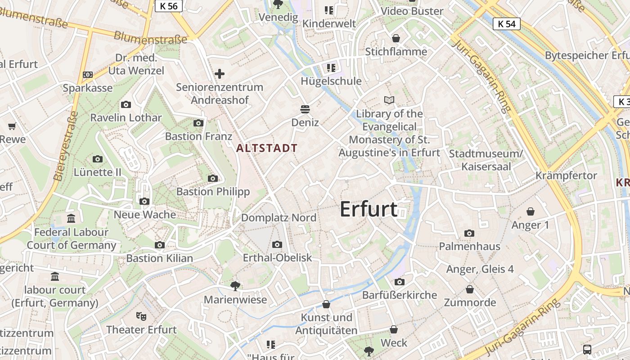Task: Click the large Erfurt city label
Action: pyautogui.click(x=369, y=209)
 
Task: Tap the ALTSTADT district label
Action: pyautogui.click(x=267, y=148)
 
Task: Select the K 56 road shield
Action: pyautogui.click(x=169, y=5)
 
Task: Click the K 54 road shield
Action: pyautogui.click(x=506, y=24)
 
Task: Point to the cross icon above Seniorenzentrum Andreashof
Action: pyautogui.click(x=220, y=73)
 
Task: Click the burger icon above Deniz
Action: pyautogui.click(x=305, y=109)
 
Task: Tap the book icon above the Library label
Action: pyautogui.click(x=389, y=100)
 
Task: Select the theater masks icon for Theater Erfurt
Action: pyautogui.click(x=141, y=316)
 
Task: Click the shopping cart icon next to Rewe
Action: pyautogui.click(x=12, y=126)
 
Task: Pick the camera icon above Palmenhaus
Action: pyautogui.click(x=469, y=233)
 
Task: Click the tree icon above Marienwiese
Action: pyautogui.click(x=235, y=286)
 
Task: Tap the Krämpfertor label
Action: pyautogui.click(x=566, y=175)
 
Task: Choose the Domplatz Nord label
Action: pyautogui.click(x=279, y=218)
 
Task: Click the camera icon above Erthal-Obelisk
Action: pyautogui.click(x=277, y=244)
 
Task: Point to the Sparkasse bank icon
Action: pyautogui.click(x=88, y=74)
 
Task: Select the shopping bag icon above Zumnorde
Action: pyautogui.click(x=470, y=289)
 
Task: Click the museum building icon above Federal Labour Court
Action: pyautogui.click(x=71, y=219)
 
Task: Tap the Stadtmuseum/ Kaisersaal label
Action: pyautogui.click(x=486, y=160)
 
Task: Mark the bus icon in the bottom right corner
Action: pyautogui.click(x=587, y=349)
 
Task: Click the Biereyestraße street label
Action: pyautogui.click(x=66, y=146)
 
